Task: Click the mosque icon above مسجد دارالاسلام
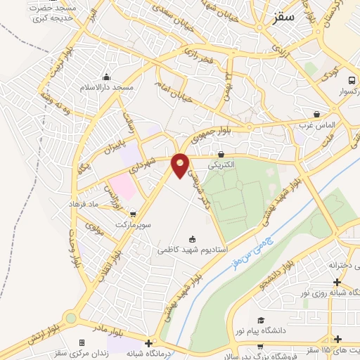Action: (x=107, y=77)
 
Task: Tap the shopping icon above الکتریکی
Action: (x=221, y=154)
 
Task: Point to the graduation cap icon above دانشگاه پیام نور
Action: (x=261, y=320)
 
